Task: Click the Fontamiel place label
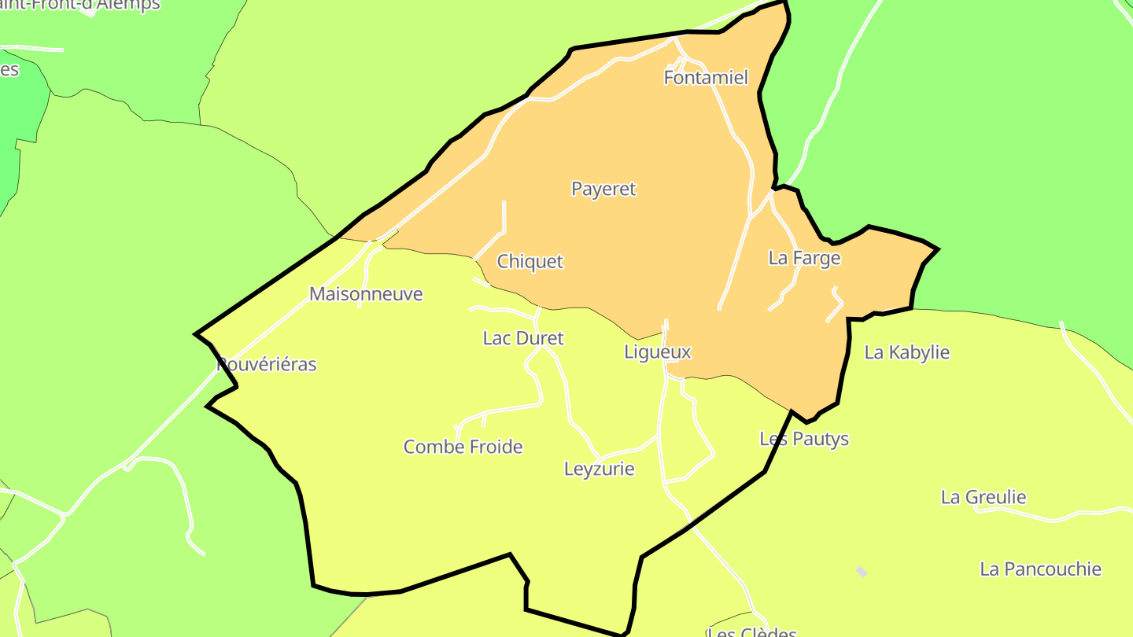click(x=706, y=78)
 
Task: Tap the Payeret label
click(x=603, y=189)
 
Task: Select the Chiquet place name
click(x=530, y=262)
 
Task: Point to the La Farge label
click(x=804, y=258)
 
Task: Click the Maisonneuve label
click(x=366, y=294)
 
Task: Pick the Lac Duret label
click(x=523, y=338)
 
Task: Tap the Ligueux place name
click(x=658, y=352)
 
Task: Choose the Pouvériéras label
click(x=267, y=365)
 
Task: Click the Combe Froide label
click(x=463, y=447)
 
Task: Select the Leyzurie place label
click(x=600, y=469)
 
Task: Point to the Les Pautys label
click(x=804, y=438)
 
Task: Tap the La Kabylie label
click(x=907, y=352)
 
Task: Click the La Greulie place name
click(x=984, y=497)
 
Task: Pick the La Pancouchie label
click(x=1040, y=569)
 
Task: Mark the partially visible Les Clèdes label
click(x=752, y=631)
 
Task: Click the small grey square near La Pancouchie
click(x=862, y=572)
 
